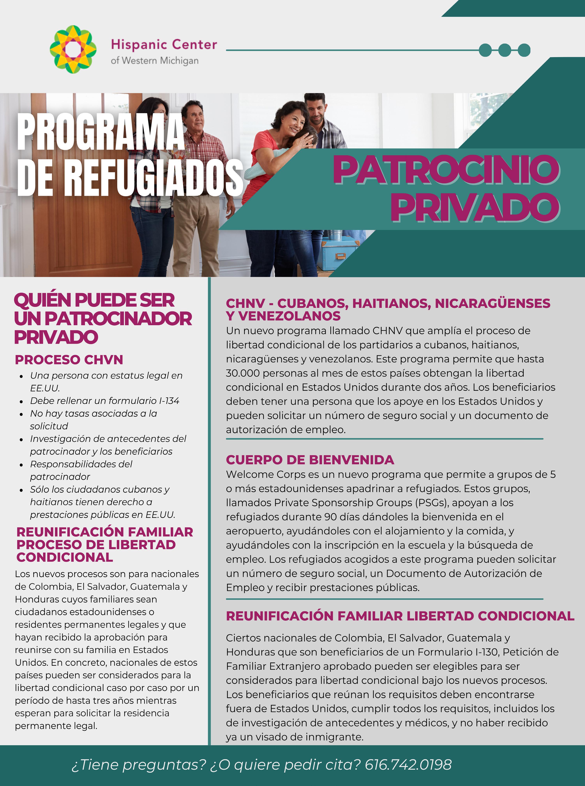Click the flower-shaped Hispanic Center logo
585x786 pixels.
73,49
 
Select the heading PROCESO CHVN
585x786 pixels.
69,359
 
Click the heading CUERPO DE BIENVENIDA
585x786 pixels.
310,460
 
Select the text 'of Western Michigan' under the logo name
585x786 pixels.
154,61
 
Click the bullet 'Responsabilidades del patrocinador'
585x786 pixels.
81,470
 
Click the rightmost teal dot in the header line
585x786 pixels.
524,50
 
